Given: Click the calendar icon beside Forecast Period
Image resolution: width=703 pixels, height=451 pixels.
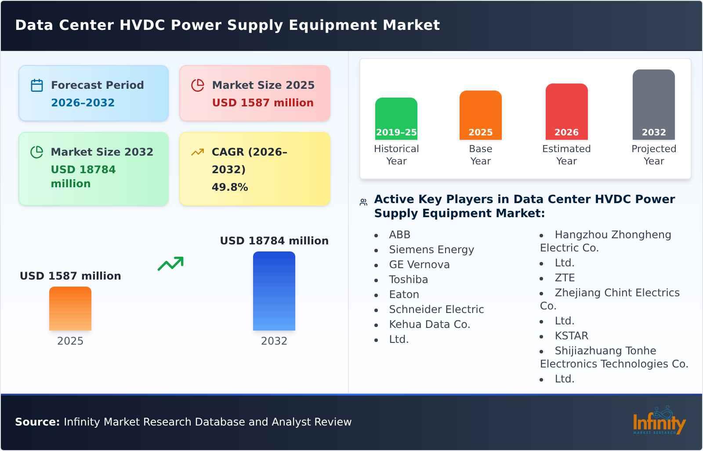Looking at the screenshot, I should pos(37,85).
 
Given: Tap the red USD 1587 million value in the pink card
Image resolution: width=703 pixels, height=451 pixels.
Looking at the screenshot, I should pos(263,103).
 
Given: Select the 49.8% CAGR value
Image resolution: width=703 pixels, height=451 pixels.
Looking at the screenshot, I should pos(230,187).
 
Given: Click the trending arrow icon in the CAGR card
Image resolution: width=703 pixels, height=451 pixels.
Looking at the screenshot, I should pos(197,152).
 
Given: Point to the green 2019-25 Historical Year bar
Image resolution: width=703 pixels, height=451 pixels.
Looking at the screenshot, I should pos(396,118).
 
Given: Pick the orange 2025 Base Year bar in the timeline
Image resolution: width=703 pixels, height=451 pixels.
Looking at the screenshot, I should pos(480,115).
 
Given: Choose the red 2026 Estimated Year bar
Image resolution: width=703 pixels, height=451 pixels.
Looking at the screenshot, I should pos(566,111).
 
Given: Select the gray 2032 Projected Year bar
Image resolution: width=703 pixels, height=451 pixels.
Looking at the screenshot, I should pos(653,104).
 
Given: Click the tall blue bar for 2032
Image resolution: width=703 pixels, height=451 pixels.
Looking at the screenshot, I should pos(274,291).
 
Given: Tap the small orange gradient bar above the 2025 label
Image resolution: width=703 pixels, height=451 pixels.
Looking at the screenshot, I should pos(70,308).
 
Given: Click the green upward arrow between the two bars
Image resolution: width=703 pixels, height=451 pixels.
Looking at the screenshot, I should pos(170,264).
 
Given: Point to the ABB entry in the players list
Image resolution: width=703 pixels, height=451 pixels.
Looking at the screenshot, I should pos(399,235).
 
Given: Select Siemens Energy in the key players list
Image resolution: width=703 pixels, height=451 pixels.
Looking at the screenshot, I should pos(431,250).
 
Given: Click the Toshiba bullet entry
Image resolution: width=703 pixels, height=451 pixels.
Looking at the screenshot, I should pos(408,280).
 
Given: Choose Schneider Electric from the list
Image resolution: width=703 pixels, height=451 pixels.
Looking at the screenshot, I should pos(436,309).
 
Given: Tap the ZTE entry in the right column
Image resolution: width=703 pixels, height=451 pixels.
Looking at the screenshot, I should pos(565,278).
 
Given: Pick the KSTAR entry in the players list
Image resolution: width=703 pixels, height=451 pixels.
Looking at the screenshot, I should pos(571,336).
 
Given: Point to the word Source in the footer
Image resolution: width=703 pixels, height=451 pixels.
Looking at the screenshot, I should pos(37,422).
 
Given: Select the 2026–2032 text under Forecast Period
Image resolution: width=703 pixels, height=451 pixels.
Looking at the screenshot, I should pos(83,103).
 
